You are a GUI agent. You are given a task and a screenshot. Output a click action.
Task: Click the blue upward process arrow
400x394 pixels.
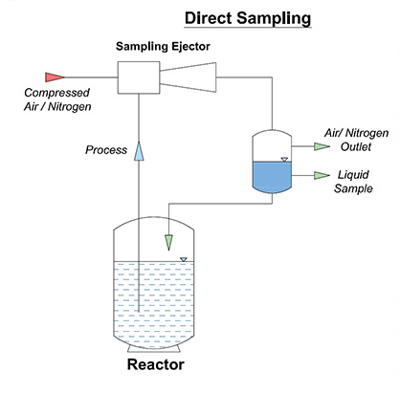pos(141,150)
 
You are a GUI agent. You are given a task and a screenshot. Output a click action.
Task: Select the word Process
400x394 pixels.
pos(106,150)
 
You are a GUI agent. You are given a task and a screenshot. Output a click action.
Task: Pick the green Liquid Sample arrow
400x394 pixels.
pos(321,175)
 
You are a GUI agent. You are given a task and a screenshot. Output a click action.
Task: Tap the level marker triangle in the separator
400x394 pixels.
pos(285,159)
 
